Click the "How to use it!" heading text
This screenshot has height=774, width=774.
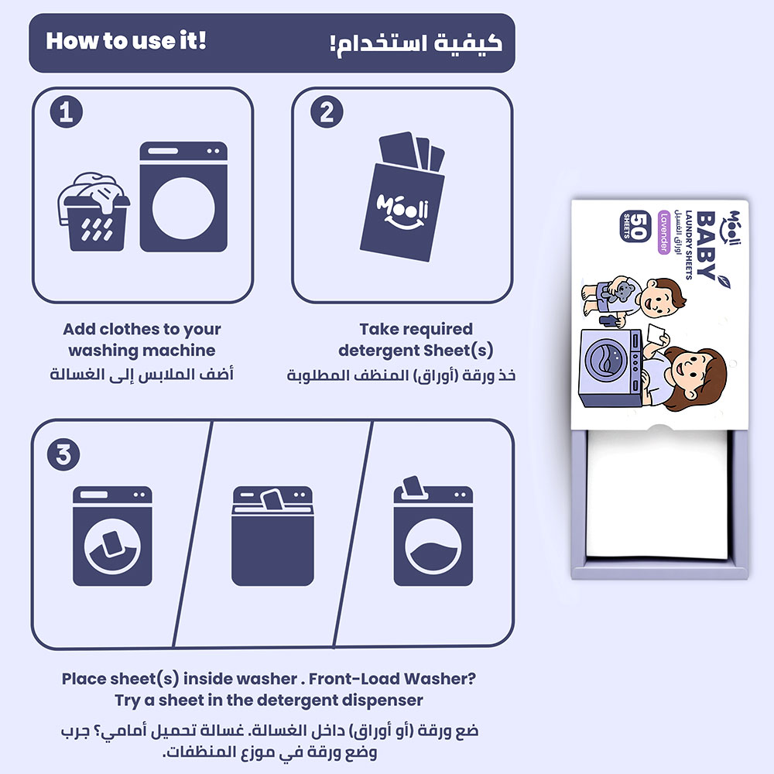[126, 40]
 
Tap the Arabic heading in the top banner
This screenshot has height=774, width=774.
[416, 43]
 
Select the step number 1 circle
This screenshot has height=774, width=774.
[66, 112]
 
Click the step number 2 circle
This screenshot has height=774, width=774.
[327, 112]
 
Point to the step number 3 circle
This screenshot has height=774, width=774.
[63, 454]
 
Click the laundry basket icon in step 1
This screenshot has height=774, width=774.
[94, 212]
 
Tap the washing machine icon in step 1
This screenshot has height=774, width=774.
[183, 197]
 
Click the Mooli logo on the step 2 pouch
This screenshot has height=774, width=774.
[402, 211]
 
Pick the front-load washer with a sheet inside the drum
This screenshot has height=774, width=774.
[112, 536]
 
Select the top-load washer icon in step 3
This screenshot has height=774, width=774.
[272, 536]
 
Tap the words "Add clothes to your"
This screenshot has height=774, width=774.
[142, 329]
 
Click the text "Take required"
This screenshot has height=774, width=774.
[416, 329]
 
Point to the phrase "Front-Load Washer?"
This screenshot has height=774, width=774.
[392, 679]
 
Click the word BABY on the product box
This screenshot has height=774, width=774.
[707, 245]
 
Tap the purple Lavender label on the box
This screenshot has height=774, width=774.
[664, 232]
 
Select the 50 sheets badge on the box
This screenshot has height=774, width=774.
[635, 226]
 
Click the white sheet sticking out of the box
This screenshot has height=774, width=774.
[656, 494]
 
